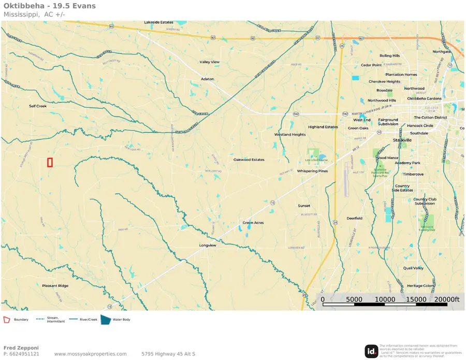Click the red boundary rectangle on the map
click(50, 162)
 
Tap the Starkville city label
click(402, 140)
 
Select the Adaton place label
click(208, 79)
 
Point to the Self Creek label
click(38, 106)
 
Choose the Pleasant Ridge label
click(55, 286)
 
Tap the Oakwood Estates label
click(249, 160)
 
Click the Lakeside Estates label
click(158, 23)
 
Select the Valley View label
click(210, 62)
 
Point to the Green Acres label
click(253, 223)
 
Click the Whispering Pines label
click(312, 171)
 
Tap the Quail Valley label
click(414, 268)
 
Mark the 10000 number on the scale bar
click(385, 299)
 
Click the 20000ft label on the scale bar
click(447, 299)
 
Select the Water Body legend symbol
click(105, 320)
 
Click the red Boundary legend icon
click(7, 320)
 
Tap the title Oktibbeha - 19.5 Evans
click(49, 6)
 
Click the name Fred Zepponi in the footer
click(21, 348)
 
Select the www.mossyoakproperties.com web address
click(90, 354)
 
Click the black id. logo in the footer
click(371, 351)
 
